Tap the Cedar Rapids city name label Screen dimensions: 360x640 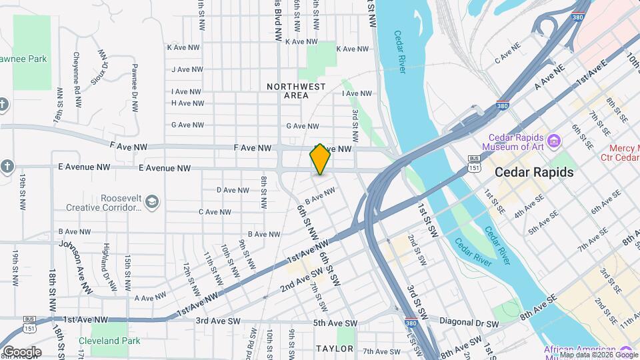534,172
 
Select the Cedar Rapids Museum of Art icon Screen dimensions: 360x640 553,141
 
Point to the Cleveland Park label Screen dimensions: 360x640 109,341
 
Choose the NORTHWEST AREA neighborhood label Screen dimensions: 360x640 296,91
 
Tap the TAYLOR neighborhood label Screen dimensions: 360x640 335,349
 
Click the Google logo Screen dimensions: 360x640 21,352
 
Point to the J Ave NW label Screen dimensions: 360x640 186,69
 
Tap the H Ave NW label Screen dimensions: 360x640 187,103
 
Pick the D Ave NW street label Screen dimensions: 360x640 233,190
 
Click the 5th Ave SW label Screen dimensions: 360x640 335,324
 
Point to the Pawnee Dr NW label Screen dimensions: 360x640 135,87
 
